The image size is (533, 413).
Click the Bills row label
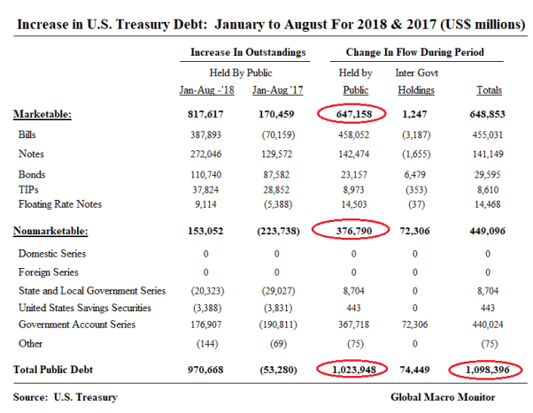pyautogui.click(x=27, y=134)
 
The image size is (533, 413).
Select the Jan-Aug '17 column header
pyautogui.click(x=276, y=90)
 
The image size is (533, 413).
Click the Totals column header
pyautogui.click(x=488, y=90)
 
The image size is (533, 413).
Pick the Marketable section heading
pyautogui.click(x=43, y=114)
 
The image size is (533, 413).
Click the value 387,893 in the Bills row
pyautogui.click(x=205, y=134)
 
